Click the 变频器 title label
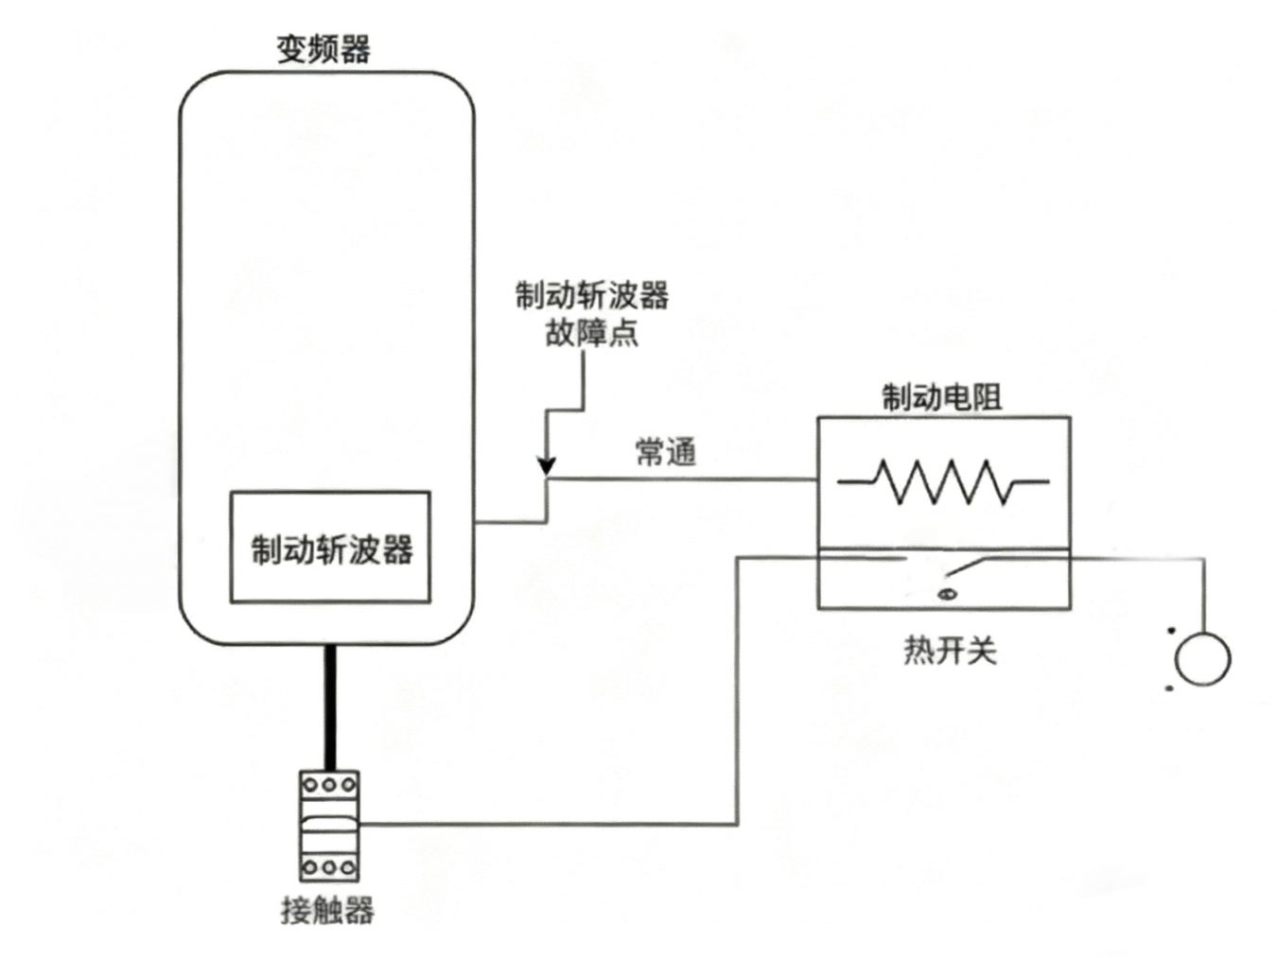tap(324, 48)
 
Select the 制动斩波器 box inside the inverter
tap(330, 548)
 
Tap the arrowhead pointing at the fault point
tap(546, 465)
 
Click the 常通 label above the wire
tap(666, 452)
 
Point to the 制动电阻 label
tap(941, 397)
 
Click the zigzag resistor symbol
tap(943, 481)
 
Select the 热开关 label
tap(950, 652)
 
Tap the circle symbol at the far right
tap(1202, 657)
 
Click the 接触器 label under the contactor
tap(327, 911)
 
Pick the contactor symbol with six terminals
tap(329, 826)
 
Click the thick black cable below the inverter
tap(330, 707)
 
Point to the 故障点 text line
tap(591, 333)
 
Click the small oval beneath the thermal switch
tap(946, 594)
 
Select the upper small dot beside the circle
tap(1171, 630)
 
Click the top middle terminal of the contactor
tap(329, 785)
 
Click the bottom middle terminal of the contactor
tap(329, 867)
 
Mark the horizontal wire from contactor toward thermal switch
tap(549, 824)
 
